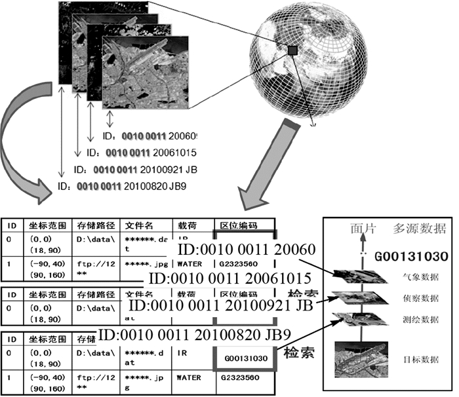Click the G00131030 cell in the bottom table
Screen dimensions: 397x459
tap(243, 358)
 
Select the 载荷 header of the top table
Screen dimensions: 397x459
tap(186, 225)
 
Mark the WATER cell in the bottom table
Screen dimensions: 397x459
tap(189, 378)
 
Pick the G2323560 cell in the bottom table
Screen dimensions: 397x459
tap(238, 378)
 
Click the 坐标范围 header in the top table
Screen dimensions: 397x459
tap(44, 225)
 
